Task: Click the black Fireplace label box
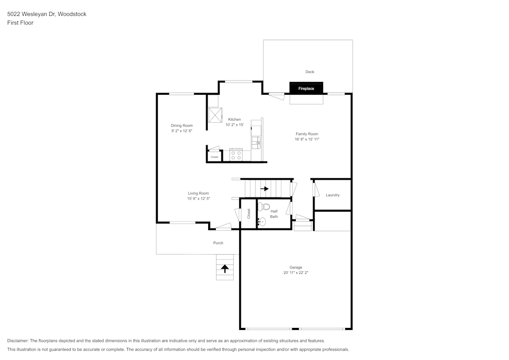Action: tap(306, 89)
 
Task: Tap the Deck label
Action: tap(309, 72)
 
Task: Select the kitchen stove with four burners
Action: tap(236, 154)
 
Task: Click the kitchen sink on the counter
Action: tap(256, 142)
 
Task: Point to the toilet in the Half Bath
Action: tap(262, 207)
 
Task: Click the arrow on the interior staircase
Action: tap(264, 188)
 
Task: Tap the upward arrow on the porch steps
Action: tap(224, 268)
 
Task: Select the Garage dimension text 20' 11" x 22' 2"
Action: tap(296, 273)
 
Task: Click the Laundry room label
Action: tap(332, 195)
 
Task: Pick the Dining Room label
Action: tap(182, 125)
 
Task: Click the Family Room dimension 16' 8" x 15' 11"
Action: tap(307, 139)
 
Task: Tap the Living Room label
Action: tap(199, 193)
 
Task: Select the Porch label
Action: tap(218, 243)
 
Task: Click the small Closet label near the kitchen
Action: tap(214, 157)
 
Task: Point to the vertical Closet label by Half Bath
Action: tap(249, 214)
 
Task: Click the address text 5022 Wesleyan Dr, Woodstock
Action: tap(47, 14)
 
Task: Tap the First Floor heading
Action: tap(20, 23)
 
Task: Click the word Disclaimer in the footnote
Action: tap(18, 341)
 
